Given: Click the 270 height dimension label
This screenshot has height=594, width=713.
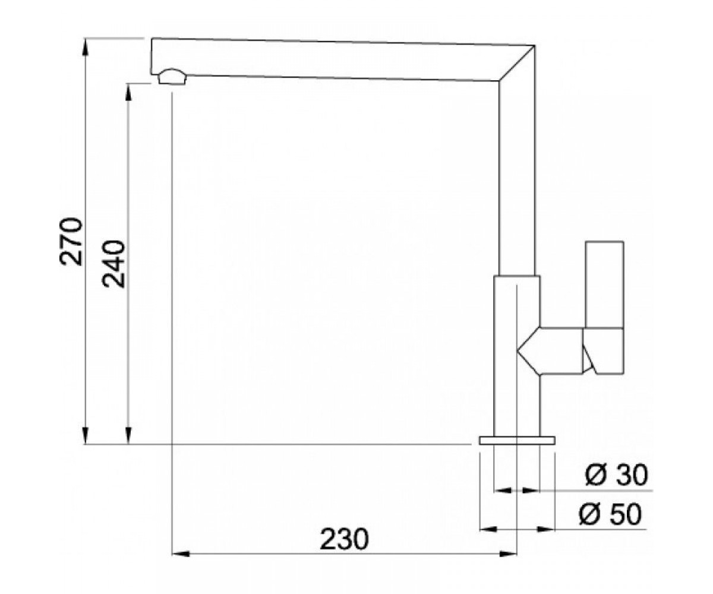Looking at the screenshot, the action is (x=71, y=242).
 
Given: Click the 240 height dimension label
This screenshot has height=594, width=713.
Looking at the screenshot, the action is (x=113, y=264).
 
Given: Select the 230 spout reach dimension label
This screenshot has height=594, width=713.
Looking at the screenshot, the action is (x=345, y=539).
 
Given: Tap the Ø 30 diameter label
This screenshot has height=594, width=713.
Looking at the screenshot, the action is (x=616, y=475).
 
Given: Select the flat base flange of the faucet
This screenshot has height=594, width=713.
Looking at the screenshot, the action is (x=517, y=440).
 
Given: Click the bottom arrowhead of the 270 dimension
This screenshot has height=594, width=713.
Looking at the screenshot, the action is (x=86, y=436).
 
